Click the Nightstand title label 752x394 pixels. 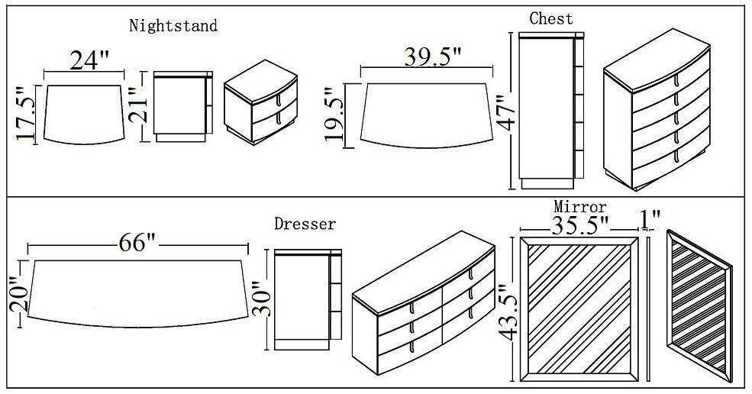pyautogui.click(x=173, y=26)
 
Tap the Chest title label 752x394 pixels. pyautogui.click(x=551, y=18)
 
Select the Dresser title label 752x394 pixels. pyautogui.click(x=305, y=224)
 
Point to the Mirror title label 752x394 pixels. pyautogui.click(x=580, y=207)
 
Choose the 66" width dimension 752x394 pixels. pyautogui.click(x=137, y=244)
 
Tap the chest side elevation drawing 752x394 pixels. pyautogui.click(x=548, y=111)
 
